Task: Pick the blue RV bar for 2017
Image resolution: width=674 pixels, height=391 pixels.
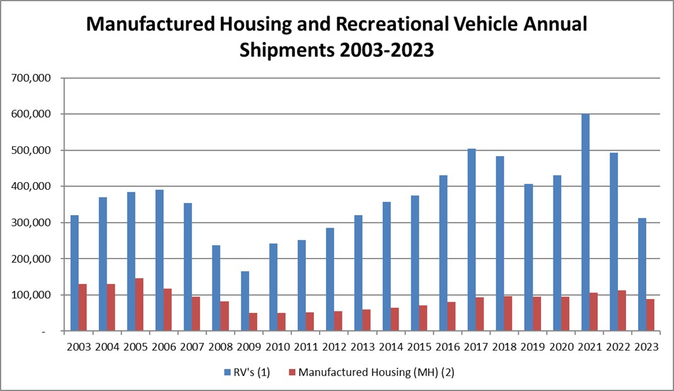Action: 472,240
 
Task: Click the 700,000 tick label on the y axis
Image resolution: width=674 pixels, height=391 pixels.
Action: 32,78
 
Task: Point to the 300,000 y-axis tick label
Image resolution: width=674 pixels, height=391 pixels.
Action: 32,223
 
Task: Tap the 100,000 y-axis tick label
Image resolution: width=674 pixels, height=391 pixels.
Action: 32,295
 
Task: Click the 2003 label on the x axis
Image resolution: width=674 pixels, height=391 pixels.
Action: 79,347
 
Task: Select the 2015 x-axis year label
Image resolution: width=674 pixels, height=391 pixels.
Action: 419,347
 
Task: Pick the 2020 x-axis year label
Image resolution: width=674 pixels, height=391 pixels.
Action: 561,347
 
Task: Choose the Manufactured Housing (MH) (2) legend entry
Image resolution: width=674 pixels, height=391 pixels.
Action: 376,372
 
